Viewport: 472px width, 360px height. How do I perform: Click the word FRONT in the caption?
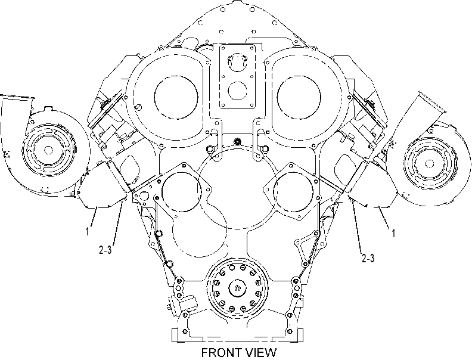coord(221,353)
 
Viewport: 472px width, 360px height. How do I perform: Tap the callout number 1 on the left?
coord(87,232)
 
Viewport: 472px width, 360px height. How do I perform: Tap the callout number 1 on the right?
coord(393,232)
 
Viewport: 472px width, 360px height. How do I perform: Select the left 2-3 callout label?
coord(105,250)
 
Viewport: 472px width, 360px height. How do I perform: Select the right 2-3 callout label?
coord(368,258)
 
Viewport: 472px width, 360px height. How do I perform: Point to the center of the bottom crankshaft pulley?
coord(238,288)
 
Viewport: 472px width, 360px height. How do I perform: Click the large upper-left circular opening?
coord(176,97)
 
